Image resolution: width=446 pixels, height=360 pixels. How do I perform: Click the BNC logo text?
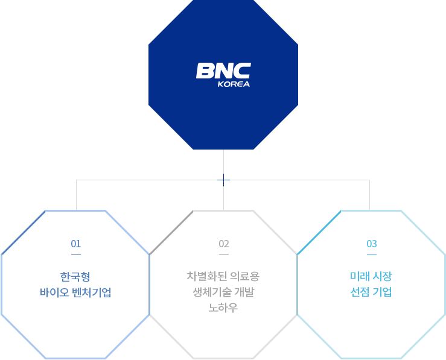pyautogui.click(x=223, y=71)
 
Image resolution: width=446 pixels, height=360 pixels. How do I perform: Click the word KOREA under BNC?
pyautogui.click(x=234, y=84)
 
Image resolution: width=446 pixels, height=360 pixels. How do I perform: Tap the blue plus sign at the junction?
pyautogui.click(x=223, y=180)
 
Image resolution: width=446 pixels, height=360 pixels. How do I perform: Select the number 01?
pyautogui.click(x=76, y=244)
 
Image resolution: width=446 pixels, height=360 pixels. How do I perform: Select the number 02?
pyautogui.click(x=224, y=244)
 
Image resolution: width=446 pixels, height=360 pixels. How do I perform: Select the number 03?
pyautogui.click(x=372, y=244)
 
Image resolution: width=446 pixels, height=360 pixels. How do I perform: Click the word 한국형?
pyautogui.click(x=75, y=276)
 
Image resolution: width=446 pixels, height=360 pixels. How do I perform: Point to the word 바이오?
pyautogui.click(x=54, y=292)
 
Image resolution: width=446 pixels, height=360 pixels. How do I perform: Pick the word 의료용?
pyautogui.click(x=244, y=276)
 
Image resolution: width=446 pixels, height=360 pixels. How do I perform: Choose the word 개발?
pyautogui.click(x=244, y=292)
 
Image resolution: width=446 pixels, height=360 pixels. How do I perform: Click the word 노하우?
pyautogui.click(x=223, y=308)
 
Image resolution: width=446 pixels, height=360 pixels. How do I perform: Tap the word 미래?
pyautogui.click(x=360, y=276)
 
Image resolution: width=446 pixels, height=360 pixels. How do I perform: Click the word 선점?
pyautogui.click(x=360, y=292)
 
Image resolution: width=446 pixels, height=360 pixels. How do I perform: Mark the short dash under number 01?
pyautogui.click(x=76, y=254)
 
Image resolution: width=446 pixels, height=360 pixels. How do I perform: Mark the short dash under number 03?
pyautogui.click(x=372, y=254)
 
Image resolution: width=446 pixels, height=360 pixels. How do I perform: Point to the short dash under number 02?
pyautogui.click(x=224, y=254)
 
